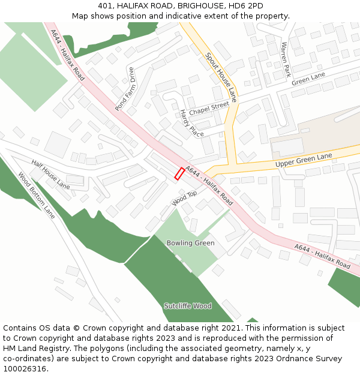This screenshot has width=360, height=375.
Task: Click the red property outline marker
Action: pos(179,173)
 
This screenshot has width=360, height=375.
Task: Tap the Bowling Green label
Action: pos(190,243)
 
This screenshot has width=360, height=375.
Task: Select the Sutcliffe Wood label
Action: pos(188,306)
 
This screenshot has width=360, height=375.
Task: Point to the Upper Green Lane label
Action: pos(304,160)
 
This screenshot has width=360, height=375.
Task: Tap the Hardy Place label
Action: pos(191,123)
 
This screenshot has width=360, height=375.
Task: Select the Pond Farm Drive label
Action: pos(125,89)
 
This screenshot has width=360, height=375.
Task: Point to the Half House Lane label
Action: pos(50,175)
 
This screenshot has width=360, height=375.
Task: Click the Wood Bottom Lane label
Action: pos(37,196)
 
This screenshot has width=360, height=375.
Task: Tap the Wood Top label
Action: pos(184,198)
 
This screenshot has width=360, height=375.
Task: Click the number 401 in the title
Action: pos(106,5)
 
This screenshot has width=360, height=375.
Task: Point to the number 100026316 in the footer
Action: pos(24,369)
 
